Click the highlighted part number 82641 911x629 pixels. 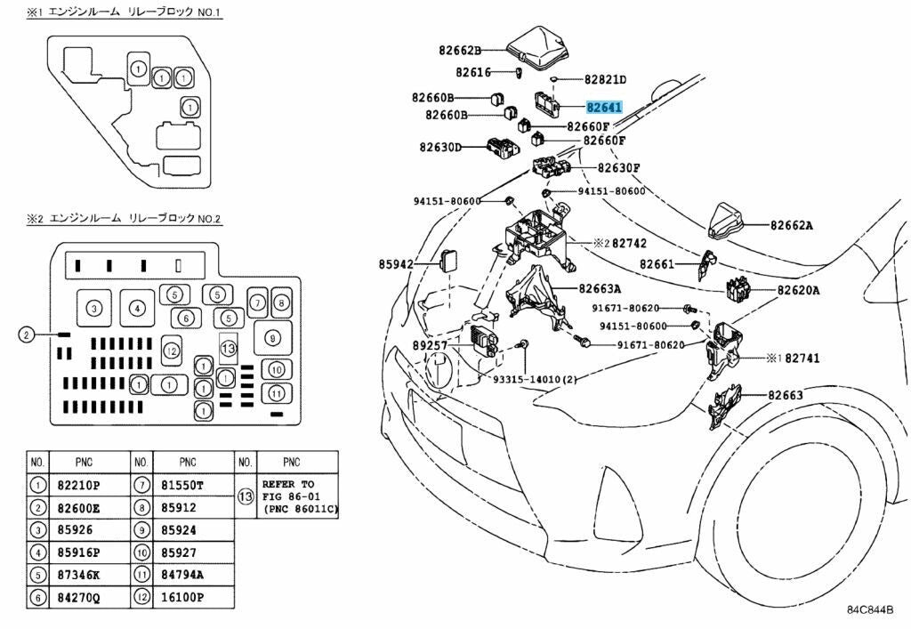(603, 107)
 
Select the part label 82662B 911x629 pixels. (459, 51)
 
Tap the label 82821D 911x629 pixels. (606, 79)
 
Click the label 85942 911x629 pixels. (397, 263)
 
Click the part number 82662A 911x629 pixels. (792, 225)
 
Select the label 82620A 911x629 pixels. (799, 290)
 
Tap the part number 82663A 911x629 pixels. (600, 288)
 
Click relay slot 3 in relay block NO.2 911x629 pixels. (93, 309)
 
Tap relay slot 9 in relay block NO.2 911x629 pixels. (272, 337)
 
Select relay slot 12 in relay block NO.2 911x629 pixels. (173, 351)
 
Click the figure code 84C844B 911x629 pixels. (869, 610)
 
